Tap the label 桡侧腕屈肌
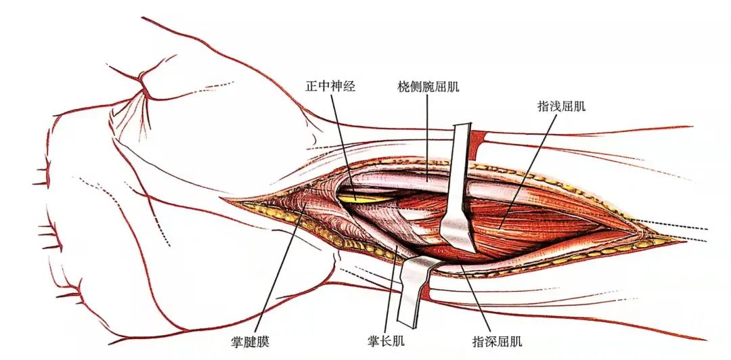point(429,87)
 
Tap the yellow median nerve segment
point(359,198)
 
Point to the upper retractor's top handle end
point(462,129)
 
